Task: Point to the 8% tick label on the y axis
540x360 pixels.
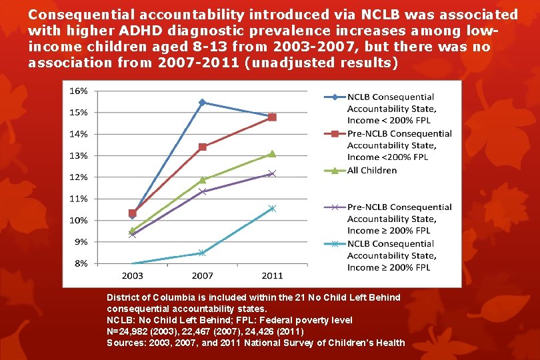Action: (x=80, y=263)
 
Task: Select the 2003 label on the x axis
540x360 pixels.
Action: (x=132, y=275)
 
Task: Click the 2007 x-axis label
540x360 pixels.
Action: (x=202, y=275)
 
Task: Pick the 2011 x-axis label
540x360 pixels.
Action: (x=271, y=275)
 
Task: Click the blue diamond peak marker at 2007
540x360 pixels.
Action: (x=202, y=102)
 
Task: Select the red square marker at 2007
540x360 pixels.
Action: (x=202, y=147)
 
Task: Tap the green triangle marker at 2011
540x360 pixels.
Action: (x=271, y=153)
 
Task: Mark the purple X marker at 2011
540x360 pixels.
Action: (x=271, y=173)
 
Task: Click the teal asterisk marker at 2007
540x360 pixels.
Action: (x=202, y=253)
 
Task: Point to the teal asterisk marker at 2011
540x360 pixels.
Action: (x=271, y=209)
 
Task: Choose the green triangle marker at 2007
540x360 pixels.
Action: (x=202, y=179)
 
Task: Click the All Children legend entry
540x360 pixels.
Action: (x=371, y=171)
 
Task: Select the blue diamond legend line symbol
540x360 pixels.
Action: (x=333, y=97)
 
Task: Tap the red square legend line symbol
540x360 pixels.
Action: (x=333, y=133)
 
